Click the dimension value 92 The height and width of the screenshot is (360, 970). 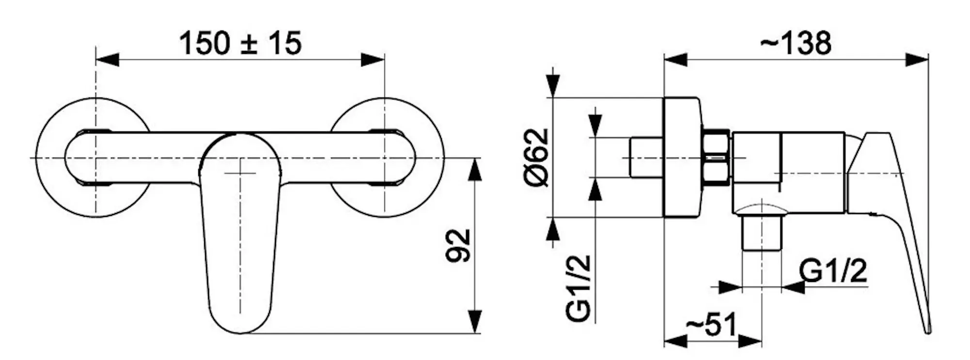458,245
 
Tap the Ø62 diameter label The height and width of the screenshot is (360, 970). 537,158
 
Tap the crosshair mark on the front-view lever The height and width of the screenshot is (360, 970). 241,173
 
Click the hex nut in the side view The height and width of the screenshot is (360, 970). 716,158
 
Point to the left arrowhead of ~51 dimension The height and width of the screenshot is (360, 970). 675,341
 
